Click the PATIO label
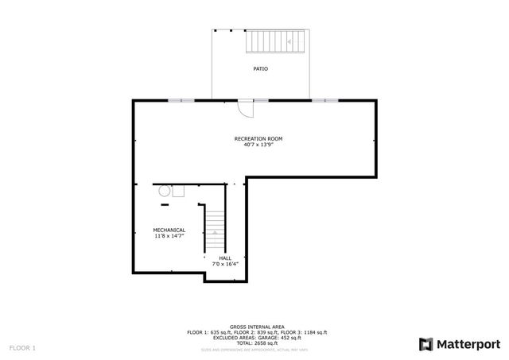point(260,69)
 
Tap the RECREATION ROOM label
point(258,139)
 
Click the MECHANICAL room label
point(169,230)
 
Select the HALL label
point(225,257)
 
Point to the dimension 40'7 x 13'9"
point(258,145)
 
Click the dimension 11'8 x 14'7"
point(169,236)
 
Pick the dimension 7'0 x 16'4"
point(225,263)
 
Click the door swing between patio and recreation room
point(247,106)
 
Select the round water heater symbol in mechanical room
point(164,191)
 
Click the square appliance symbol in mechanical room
point(179,191)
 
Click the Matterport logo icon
point(425,343)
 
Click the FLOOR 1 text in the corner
point(22,348)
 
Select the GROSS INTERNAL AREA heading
point(257,327)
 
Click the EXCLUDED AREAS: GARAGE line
point(257,336)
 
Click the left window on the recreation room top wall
point(181,100)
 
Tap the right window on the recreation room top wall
point(323,100)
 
